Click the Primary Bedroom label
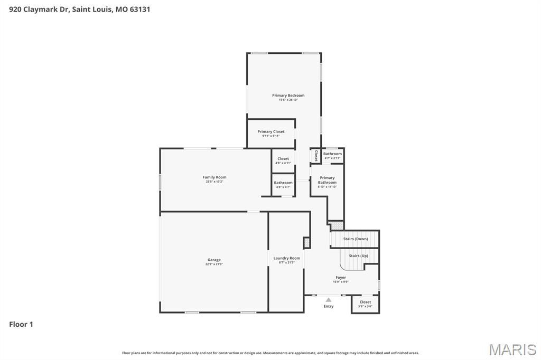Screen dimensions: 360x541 (x=288, y=96)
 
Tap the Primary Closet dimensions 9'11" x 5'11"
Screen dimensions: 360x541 (x=270, y=136)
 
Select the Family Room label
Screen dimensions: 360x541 (x=214, y=177)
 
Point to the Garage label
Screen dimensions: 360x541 (x=214, y=260)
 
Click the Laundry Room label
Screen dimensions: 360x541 (x=286, y=258)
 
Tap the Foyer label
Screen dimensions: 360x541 (x=341, y=278)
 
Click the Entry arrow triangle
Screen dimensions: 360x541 (x=328, y=300)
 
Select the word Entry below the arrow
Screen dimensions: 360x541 (x=328, y=306)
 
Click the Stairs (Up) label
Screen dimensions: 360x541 (x=358, y=256)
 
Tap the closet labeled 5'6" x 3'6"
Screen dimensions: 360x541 (x=365, y=304)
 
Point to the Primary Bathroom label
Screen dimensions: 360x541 (x=327, y=180)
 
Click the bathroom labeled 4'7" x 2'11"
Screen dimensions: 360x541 (x=332, y=156)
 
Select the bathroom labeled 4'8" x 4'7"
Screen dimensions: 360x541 (x=283, y=185)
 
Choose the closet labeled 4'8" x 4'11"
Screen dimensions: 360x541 (x=283, y=160)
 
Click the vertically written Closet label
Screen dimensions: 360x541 (x=316, y=156)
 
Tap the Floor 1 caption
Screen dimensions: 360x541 (x=21, y=325)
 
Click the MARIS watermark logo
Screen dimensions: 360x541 (x=512, y=349)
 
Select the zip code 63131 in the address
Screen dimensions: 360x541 (x=139, y=9)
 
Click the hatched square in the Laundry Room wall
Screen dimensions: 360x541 (x=306, y=243)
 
